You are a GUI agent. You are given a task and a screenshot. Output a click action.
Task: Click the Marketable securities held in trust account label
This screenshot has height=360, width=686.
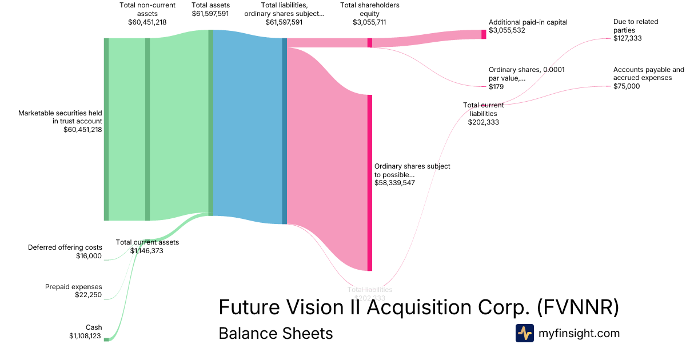click(60, 117)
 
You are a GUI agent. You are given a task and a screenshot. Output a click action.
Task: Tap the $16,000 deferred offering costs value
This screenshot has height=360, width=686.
click(89, 256)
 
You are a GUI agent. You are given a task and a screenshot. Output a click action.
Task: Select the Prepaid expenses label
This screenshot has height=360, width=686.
click(73, 286)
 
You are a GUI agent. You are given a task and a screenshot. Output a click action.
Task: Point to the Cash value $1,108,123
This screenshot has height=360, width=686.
click(85, 336)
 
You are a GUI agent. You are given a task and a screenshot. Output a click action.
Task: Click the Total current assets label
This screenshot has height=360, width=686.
click(147, 242)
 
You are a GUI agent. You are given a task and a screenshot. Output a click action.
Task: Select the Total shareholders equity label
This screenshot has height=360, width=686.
click(369, 10)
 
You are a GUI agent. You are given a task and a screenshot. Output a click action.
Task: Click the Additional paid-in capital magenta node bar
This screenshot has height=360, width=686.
click(484, 34)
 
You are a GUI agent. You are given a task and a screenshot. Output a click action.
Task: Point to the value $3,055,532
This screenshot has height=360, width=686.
click(507, 30)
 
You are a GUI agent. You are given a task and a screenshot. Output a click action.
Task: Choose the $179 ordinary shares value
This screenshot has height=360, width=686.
click(496, 87)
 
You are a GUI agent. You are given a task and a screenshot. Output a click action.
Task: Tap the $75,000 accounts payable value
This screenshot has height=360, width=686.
click(627, 86)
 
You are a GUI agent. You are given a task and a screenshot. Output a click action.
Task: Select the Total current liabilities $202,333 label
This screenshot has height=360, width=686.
click(483, 113)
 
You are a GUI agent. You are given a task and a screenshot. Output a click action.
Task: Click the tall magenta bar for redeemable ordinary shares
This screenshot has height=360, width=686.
click(370, 183)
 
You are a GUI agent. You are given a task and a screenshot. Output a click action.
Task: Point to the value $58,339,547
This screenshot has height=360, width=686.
click(394, 183)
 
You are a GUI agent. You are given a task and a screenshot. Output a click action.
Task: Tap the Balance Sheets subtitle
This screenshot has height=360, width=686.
click(276, 333)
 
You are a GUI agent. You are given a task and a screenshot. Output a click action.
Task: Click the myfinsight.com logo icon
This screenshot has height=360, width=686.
click(524, 333)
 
